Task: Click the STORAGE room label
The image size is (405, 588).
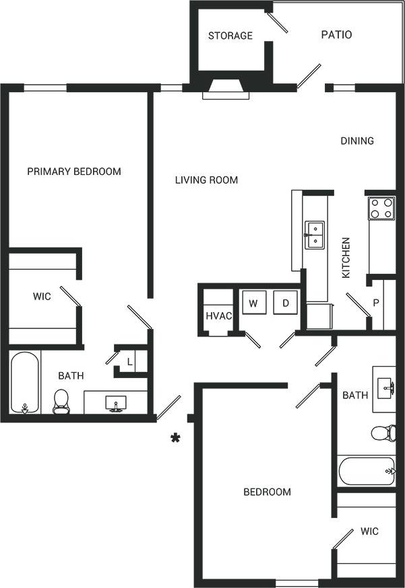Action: click(x=230, y=36)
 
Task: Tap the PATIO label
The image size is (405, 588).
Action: click(x=336, y=34)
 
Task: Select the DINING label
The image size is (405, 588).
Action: click(x=356, y=141)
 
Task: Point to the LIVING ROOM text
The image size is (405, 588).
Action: click(x=206, y=180)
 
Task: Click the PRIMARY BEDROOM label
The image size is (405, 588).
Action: click(x=74, y=172)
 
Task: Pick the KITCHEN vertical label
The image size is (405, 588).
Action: click(x=346, y=258)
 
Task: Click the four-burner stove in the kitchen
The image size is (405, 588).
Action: click(x=381, y=208)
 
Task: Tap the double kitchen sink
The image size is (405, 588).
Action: click(x=314, y=235)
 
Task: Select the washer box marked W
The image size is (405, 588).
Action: click(x=253, y=303)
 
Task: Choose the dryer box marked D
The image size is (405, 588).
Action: click(x=285, y=303)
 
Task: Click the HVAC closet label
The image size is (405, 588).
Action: click(x=218, y=316)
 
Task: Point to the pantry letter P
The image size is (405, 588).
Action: click(x=376, y=303)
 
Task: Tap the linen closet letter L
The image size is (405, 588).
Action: click(x=129, y=361)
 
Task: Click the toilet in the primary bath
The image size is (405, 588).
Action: click(x=61, y=401)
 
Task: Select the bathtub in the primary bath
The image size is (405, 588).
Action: click(x=25, y=382)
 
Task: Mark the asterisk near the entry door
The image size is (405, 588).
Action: click(x=175, y=439)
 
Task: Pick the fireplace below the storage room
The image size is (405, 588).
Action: click(x=226, y=89)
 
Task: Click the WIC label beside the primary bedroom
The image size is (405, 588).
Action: click(x=42, y=297)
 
